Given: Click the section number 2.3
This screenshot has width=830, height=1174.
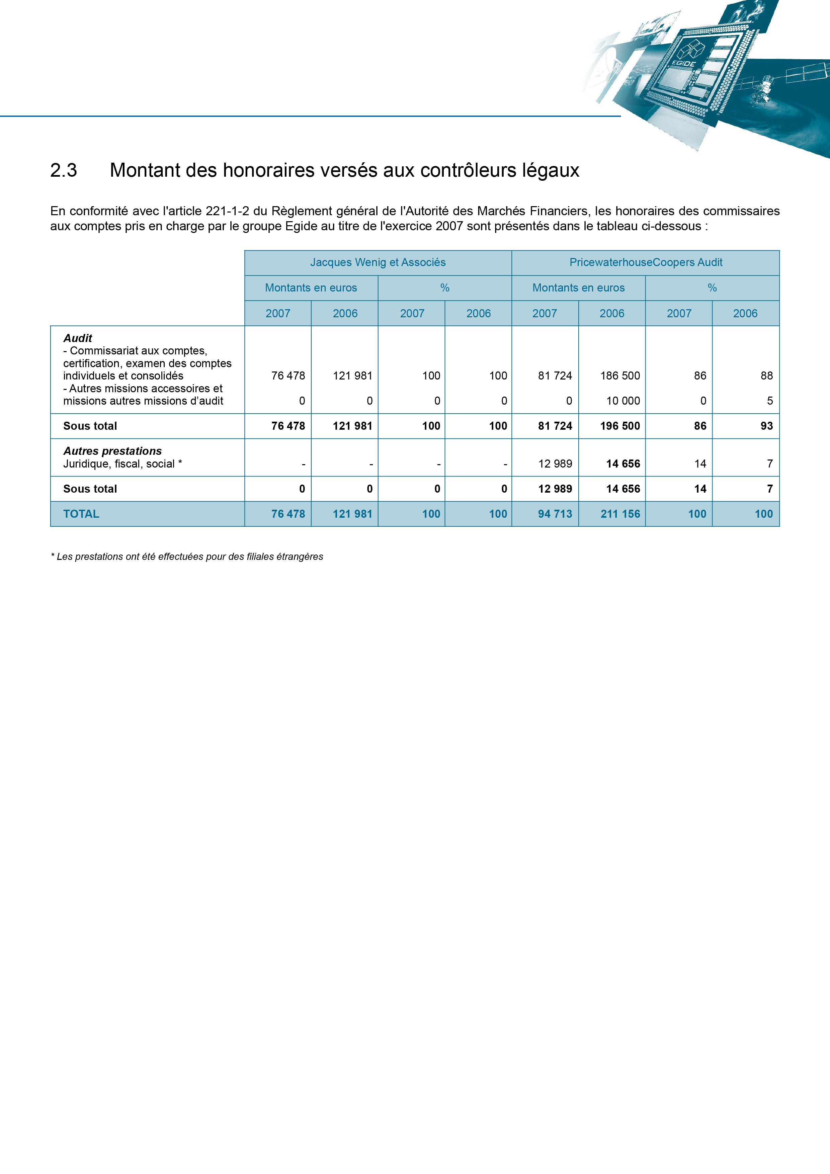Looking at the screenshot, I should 63,170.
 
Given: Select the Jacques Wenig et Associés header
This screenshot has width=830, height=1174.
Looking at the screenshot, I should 378,262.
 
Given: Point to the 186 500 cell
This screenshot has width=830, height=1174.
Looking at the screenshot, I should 620,376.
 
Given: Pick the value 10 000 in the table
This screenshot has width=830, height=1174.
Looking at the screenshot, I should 623,401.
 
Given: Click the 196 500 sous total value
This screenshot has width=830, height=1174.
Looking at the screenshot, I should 620,426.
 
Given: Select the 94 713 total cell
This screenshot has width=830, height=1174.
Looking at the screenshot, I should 555,514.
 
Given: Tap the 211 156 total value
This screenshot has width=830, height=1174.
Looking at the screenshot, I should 620,514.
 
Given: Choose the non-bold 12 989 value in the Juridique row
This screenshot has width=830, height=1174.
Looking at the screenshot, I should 555,464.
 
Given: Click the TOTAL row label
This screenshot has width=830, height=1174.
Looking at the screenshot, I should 81,514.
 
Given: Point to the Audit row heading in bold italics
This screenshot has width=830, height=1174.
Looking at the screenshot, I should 78,338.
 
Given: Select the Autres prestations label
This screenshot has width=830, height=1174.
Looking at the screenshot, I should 112,451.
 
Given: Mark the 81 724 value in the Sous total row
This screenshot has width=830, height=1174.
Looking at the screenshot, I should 555,426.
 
